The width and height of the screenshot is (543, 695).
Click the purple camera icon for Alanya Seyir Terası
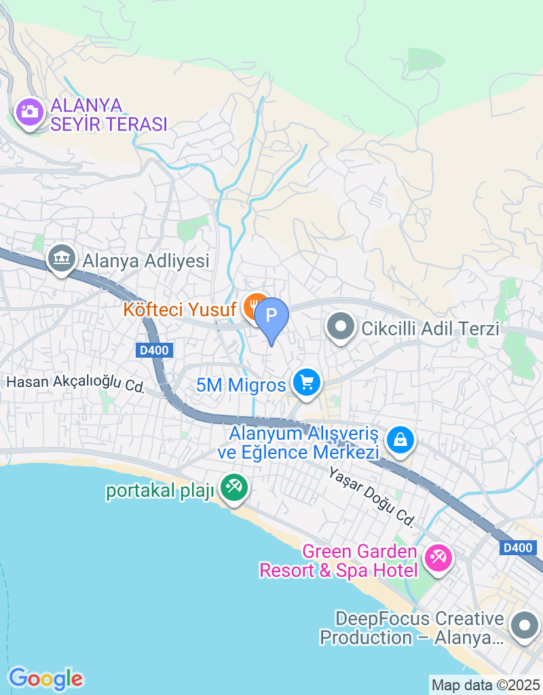pos(29,111)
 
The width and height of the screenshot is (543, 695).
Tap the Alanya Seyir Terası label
pos(109,115)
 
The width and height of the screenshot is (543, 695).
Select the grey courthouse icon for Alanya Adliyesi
pos(62,259)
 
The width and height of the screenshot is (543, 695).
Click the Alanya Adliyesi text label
pos(146,261)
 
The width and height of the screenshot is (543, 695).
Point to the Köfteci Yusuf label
pos(180,309)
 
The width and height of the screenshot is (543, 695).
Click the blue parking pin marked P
pos(271,317)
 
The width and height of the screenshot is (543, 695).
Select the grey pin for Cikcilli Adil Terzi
pos(341,328)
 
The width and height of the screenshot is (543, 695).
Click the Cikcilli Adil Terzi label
pos(430,329)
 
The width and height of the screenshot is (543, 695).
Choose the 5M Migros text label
pos(241,386)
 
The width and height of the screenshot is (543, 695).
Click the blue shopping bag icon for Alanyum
pos(400,440)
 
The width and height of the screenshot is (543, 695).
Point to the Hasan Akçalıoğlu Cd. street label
pos(76,383)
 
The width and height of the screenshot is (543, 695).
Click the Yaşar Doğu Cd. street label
pos(371,497)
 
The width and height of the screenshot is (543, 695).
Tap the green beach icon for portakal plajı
pos(234,487)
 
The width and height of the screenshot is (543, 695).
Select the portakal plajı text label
pos(160,491)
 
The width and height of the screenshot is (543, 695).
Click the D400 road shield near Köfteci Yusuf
pos(154,350)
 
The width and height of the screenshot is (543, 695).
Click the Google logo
pos(45,677)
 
